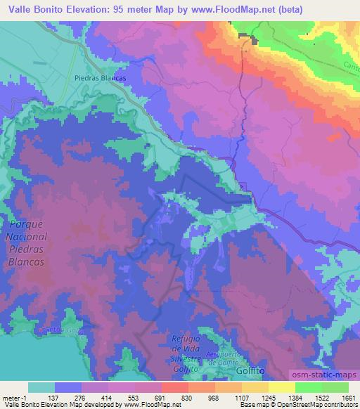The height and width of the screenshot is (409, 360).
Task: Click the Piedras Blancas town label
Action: point(100,78)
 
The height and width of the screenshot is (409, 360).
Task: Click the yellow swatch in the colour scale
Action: point(281,388)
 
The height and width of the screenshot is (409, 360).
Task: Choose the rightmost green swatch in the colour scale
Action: point(334,388)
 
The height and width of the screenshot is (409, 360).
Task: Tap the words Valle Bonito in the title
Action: point(35,10)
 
